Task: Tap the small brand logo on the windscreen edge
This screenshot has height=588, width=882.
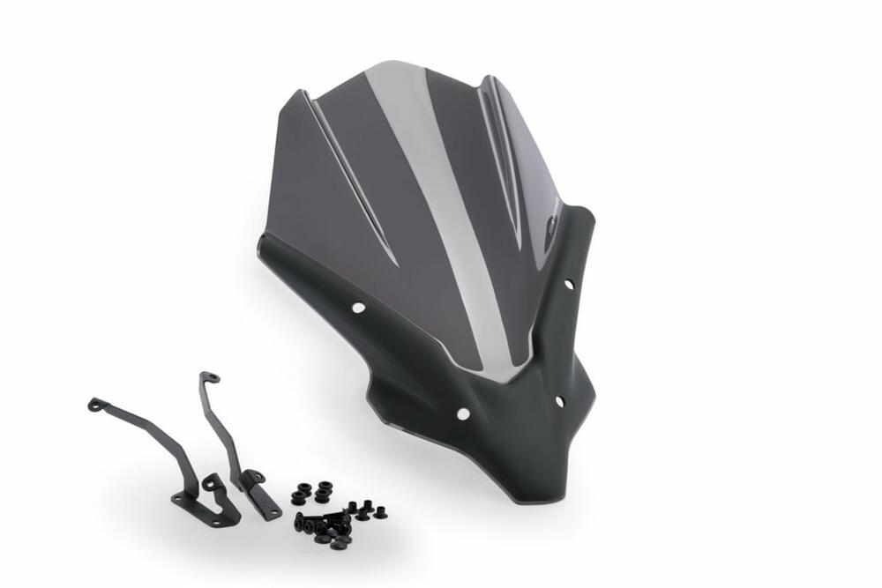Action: (553, 216)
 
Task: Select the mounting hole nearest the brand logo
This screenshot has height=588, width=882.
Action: (568, 284)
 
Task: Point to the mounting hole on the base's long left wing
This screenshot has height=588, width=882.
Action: (358, 308)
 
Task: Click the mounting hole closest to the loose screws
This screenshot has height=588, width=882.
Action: (462, 413)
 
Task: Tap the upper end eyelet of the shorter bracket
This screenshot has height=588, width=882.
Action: (94, 404)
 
